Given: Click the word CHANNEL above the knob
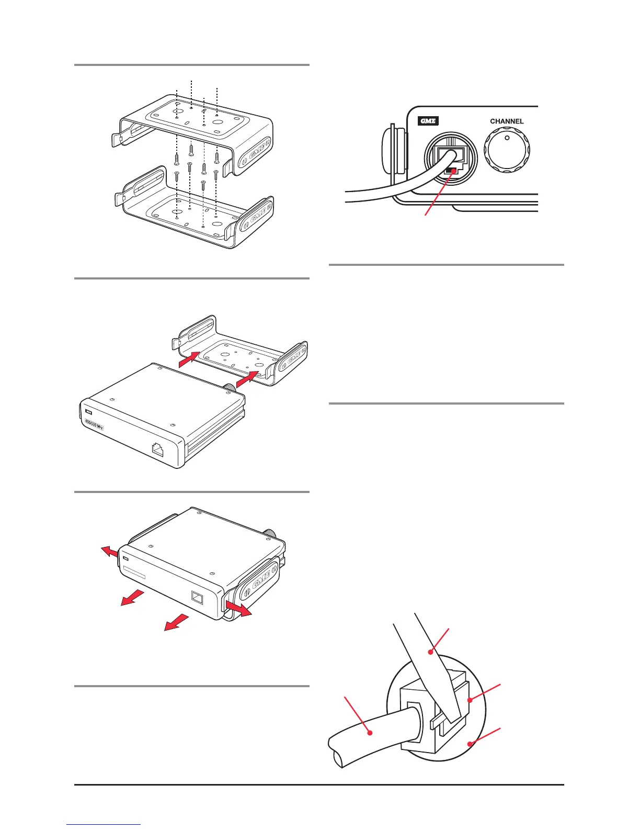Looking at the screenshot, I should [507, 121].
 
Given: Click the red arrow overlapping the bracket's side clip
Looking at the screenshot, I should [238, 608].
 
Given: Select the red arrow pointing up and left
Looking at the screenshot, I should [109, 552].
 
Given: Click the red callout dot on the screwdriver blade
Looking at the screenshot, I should [430, 652].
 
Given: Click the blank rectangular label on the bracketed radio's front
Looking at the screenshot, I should [134, 572].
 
